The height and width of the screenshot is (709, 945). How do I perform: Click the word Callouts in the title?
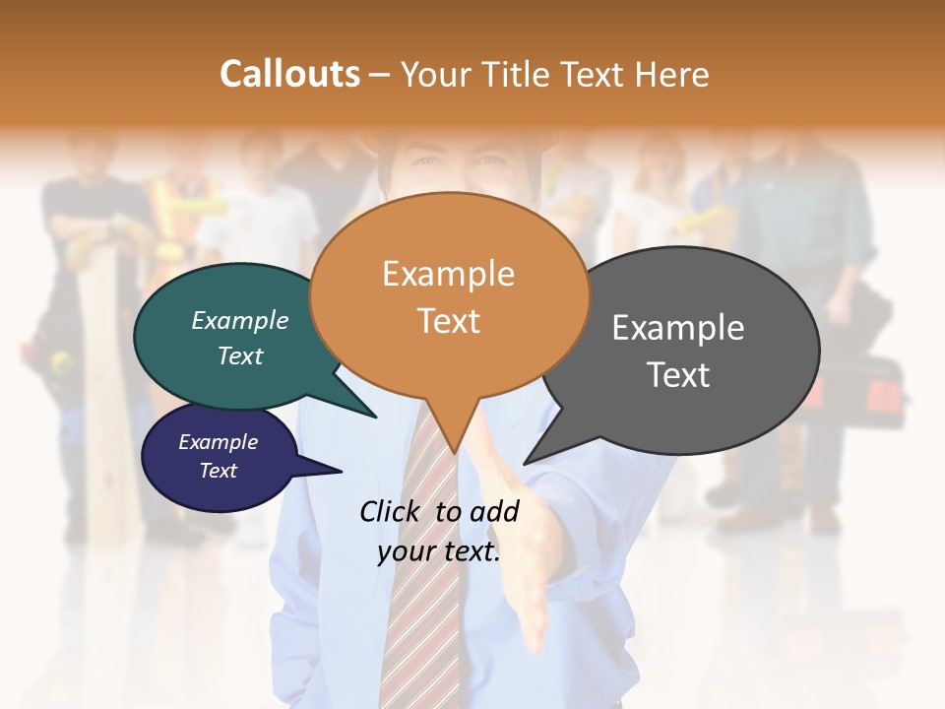[x=289, y=74]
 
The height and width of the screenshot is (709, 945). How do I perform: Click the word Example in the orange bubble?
[x=448, y=274]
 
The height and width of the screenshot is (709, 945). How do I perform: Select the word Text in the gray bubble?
[x=678, y=375]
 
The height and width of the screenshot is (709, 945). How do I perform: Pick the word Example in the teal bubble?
[x=240, y=321]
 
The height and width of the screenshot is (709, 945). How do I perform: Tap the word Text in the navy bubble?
[x=219, y=471]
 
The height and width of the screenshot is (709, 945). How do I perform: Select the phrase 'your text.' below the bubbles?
[x=439, y=551]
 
